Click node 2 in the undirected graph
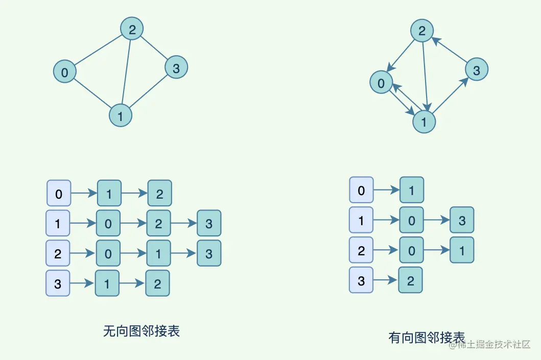tap(132, 30)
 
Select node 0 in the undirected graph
tap(64, 72)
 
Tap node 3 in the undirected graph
tap(176, 68)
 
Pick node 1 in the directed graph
tap(424, 122)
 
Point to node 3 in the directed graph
tap(476, 70)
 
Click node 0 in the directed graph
tap(381, 82)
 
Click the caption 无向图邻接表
tap(141, 331)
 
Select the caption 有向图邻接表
tap(426, 338)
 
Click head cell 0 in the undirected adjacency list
tap(58, 194)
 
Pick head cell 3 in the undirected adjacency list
tap(57, 283)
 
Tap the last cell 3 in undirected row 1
tap(209, 223)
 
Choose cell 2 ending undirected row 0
tap(159, 194)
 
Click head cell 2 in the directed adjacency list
tap(361, 250)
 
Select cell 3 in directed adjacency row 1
tap(462, 220)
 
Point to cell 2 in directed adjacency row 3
tap(410, 280)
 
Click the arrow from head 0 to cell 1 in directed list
tap(387, 190)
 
